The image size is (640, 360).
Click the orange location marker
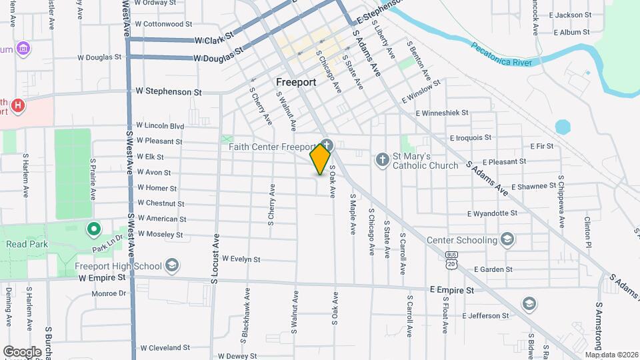point(321,159)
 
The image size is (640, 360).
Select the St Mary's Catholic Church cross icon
point(382,159)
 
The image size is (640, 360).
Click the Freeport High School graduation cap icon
point(173,266)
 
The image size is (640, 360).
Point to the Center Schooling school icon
point(507,240)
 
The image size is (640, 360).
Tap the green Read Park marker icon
point(94,230)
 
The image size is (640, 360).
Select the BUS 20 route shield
point(452,260)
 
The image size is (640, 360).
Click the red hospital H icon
point(18,105)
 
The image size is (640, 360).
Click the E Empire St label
point(451,290)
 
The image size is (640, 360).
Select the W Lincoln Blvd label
point(159,125)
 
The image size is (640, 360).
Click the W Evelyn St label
point(241,259)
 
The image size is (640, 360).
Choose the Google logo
point(23,351)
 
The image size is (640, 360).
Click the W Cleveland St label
point(165,348)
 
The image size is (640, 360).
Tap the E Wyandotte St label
point(492,213)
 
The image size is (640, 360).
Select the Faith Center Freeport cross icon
point(327,145)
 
